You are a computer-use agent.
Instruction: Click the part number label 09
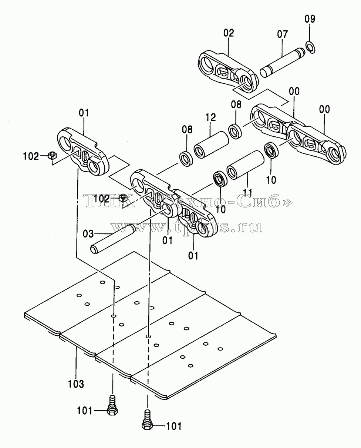click(x=310, y=19)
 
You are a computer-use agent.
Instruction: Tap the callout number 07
click(x=282, y=34)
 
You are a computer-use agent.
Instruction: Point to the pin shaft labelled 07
click(x=282, y=63)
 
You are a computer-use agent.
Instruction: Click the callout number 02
click(x=228, y=33)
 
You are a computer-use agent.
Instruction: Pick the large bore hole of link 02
click(x=208, y=63)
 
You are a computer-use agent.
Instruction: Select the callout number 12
click(x=210, y=117)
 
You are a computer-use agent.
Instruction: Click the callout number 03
click(x=88, y=234)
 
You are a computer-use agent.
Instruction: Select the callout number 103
click(x=76, y=384)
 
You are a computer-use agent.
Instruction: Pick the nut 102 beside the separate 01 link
click(x=52, y=155)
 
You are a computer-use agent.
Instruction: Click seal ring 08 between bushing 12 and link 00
click(x=235, y=132)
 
